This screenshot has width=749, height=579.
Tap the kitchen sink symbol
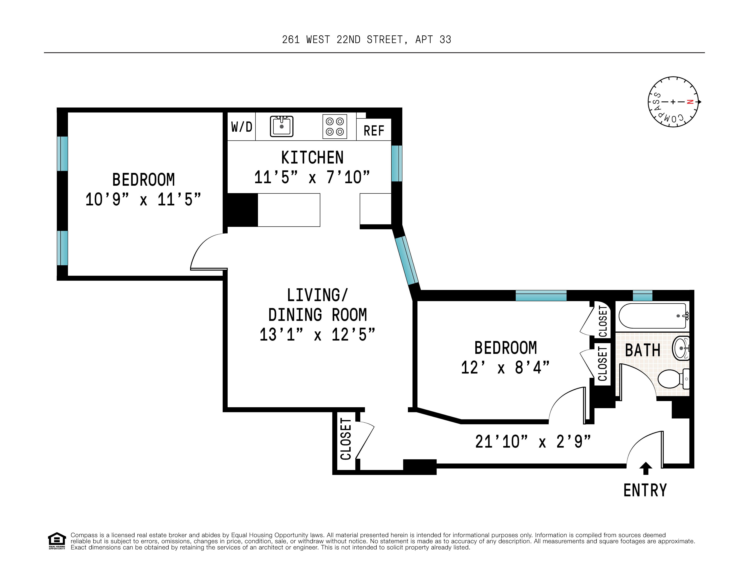coord(282,126)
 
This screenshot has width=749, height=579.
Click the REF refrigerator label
coord(374,131)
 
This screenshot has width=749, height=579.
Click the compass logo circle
coord(673,102)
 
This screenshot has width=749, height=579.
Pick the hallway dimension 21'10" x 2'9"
coord(533,442)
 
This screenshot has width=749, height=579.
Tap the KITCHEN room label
coord(312,158)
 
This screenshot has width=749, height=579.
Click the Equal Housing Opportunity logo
coord(57,541)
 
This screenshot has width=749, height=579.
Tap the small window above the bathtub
coord(642,296)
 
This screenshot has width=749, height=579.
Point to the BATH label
coord(642,350)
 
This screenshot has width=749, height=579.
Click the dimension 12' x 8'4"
coord(505,368)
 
